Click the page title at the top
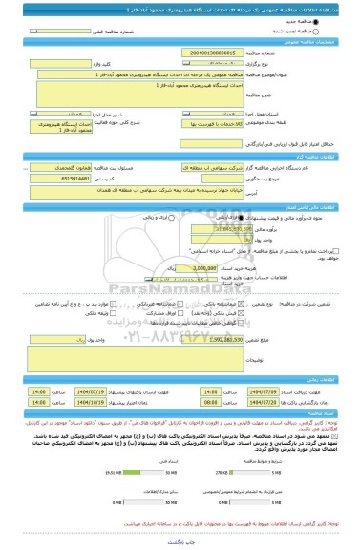[180, 8]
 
